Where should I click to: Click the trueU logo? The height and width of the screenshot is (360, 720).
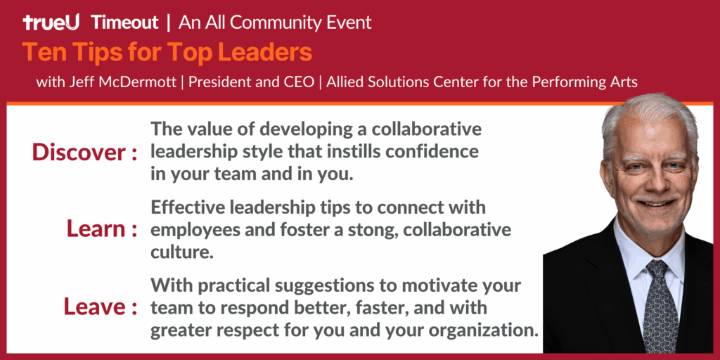(x=51, y=22)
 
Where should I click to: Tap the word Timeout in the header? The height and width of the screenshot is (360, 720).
(x=124, y=22)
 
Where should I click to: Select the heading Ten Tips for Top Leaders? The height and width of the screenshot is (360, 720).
(x=167, y=52)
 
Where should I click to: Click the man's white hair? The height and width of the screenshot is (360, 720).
(x=647, y=116)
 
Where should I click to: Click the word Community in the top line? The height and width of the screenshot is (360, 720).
(x=274, y=22)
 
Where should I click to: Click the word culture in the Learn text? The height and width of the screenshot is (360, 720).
(x=181, y=252)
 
